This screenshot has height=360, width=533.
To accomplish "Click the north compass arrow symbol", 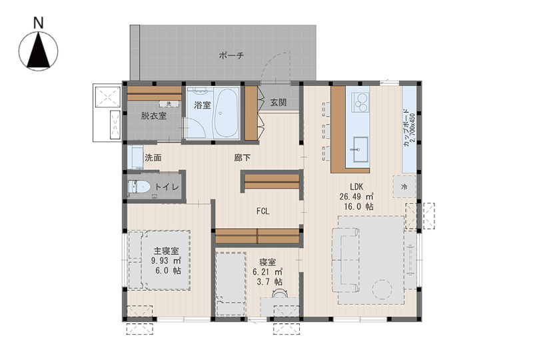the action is click(x=39, y=51).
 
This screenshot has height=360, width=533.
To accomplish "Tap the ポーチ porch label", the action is click(x=231, y=55).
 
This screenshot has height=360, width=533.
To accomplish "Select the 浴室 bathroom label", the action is click(x=203, y=105).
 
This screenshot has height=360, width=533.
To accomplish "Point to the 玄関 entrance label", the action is click(x=278, y=102).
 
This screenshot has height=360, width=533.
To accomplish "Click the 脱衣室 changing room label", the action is click(x=154, y=116).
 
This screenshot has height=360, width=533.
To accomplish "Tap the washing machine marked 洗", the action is click(x=169, y=104).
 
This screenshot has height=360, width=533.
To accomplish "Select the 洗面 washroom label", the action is click(x=153, y=157).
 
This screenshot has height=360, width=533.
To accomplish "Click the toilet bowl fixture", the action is click(x=139, y=187).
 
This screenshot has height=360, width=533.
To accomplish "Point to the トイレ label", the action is click(x=167, y=187).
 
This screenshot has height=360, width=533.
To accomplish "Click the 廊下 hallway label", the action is click(x=243, y=157).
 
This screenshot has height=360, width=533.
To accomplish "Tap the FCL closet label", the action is click(x=263, y=211).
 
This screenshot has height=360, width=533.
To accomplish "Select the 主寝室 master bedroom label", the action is click(x=166, y=251).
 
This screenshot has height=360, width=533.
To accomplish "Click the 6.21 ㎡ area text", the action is click(x=268, y=272).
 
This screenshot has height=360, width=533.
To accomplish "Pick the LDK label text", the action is click(x=356, y=187).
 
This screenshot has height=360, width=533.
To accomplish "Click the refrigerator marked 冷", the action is click(x=404, y=187).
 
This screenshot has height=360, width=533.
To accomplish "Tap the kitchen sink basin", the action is click(x=360, y=149).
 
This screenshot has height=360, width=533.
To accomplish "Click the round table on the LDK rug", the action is click(x=382, y=289).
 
